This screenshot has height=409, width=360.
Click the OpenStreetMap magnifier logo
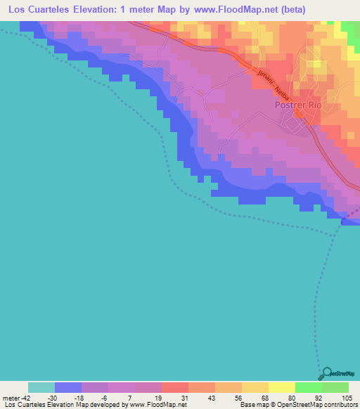(326, 373)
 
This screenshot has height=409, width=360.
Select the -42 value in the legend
(24, 398)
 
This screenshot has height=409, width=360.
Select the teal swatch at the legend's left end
(41, 387)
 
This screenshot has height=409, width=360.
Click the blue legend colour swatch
(68, 387)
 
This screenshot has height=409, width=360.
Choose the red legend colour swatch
(175, 387)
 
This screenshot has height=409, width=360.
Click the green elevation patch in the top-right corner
(351, 28)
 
